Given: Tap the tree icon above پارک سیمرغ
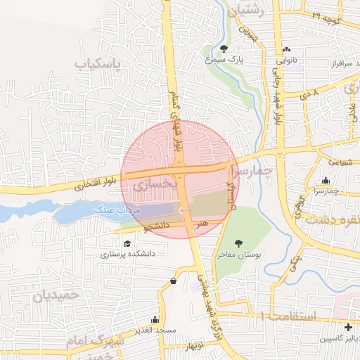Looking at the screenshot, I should pos(224,49).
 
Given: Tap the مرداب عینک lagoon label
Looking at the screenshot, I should pos(118,210).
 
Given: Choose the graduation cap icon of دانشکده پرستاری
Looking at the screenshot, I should pos(127,243).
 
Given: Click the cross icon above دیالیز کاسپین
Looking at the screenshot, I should pos(349,328).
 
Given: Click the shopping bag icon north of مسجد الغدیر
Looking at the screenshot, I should pos(173,281).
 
